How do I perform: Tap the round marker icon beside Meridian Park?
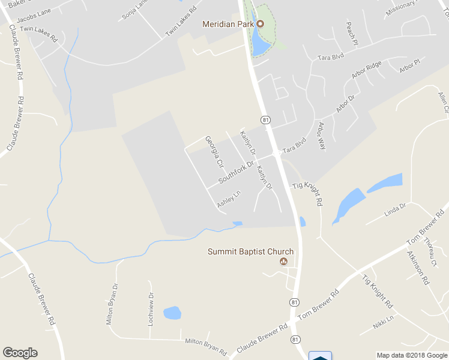[x=261, y=24]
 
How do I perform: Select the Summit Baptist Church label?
[x=250, y=252]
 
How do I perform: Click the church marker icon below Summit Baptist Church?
[x=283, y=262]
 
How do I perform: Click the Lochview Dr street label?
[x=151, y=310]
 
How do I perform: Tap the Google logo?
[x=20, y=353]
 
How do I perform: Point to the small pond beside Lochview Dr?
[x=172, y=313]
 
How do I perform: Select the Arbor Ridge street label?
[x=367, y=71]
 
